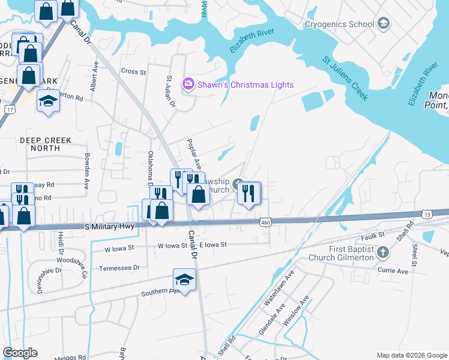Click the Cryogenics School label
pyautogui.click(x=339, y=24)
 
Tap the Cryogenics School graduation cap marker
pyautogui.click(x=383, y=24)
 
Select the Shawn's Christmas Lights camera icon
pyautogui.click(x=188, y=84)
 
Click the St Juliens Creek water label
pyautogui.click(x=345, y=79)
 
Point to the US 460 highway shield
pyautogui.click(x=265, y=223)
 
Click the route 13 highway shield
pyautogui.click(x=427, y=214)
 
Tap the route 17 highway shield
pyautogui.click(x=9, y=109)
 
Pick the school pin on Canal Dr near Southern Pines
pyautogui.click(x=184, y=280)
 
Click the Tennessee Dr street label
pyautogui.click(x=119, y=268)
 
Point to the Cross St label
pyautogui.click(x=133, y=71)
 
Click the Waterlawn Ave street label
pyautogui.click(x=277, y=289)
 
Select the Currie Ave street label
pyautogui.click(x=393, y=271)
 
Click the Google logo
pyautogui.click(x=20, y=353)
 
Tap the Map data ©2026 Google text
pyautogui.click(x=411, y=355)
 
